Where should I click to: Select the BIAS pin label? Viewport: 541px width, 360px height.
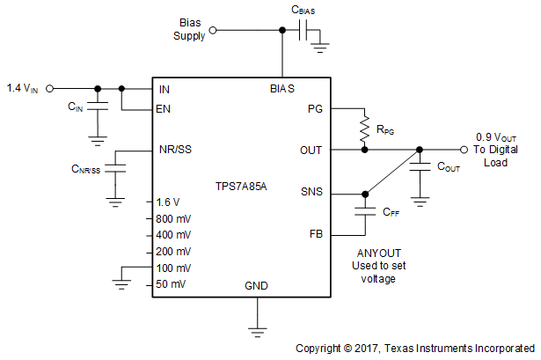tap(281, 89)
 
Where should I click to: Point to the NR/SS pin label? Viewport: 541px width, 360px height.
tap(175, 150)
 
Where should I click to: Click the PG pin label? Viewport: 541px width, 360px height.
tap(315, 109)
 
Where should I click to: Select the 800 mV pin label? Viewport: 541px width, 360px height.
tap(174, 218)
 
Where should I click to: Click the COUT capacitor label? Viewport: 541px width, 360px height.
tap(448, 166)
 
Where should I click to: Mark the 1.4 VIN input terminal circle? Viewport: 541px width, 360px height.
tap(49, 88)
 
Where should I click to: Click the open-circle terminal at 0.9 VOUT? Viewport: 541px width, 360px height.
tap(464, 150)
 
